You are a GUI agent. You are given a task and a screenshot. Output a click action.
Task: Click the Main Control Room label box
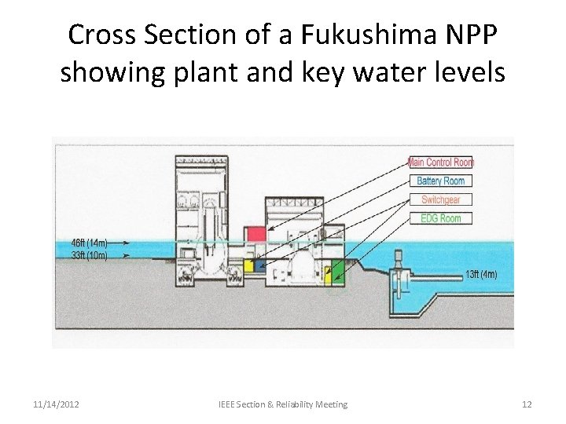click(441, 163)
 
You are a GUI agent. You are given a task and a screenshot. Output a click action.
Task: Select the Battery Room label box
click(441, 181)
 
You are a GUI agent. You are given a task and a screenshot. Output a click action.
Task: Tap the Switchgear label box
click(441, 199)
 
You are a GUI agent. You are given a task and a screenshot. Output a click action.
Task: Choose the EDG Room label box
click(441, 218)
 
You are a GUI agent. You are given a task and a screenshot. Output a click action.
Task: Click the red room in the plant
click(255, 233)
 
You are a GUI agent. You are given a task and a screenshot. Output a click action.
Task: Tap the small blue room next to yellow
click(260, 265)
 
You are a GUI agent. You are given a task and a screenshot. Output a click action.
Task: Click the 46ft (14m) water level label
click(90, 243)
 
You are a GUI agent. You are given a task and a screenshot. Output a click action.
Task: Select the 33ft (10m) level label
click(90, 254)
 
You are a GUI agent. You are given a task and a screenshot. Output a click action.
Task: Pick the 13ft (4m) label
click(480, 274)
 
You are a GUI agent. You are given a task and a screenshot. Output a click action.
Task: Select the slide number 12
click(527, 404)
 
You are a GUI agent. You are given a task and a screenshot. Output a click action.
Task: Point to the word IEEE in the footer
click(230, 404)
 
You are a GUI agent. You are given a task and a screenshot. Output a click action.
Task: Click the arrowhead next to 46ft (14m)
click(126, 243)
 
